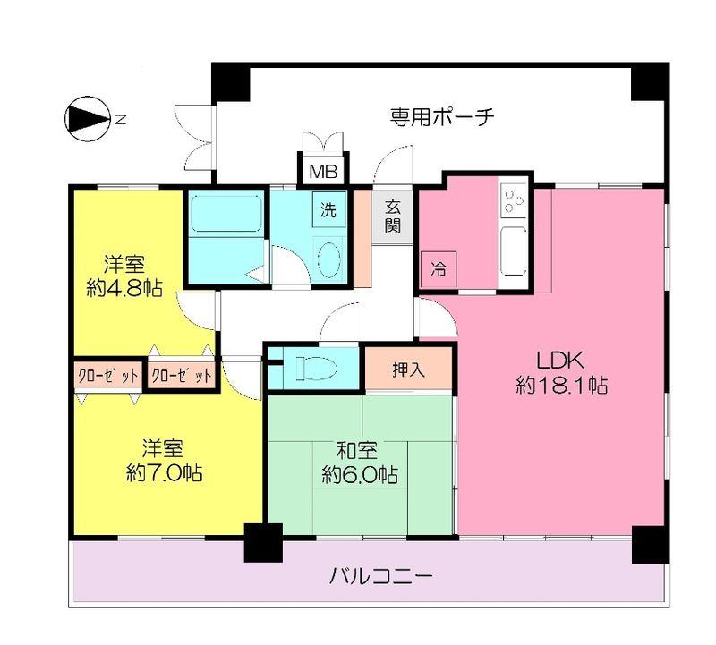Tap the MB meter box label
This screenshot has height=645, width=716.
[318, 171]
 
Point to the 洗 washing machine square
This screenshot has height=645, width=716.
[328, 211]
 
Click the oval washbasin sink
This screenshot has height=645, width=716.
[328, 260]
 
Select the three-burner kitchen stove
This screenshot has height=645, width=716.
[514, 202]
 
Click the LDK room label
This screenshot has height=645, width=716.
[560, 361]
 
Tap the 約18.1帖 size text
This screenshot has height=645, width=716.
[562, 386]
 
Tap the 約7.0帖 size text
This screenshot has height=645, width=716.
[164, 471]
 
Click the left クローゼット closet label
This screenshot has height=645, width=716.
[107, 375]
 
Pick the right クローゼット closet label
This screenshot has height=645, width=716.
[182, 375]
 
